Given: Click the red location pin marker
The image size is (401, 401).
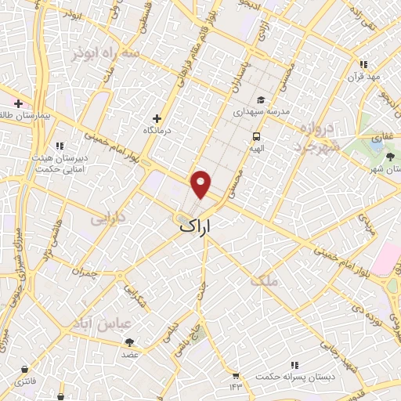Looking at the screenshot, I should point(201,183).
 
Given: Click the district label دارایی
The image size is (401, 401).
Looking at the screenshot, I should point(107,215).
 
